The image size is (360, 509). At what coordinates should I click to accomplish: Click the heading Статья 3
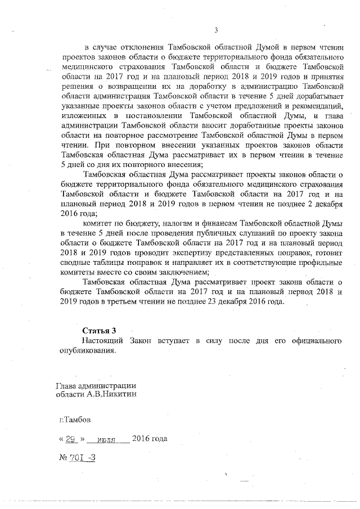click(99, 330)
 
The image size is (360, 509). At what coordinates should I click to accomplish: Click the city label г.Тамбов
click(75, 420)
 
